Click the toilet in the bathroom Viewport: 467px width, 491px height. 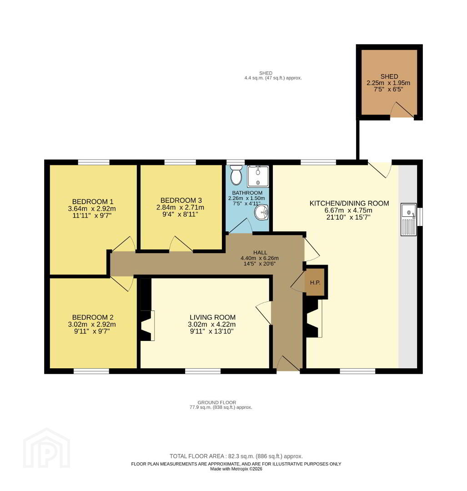pos(236,175)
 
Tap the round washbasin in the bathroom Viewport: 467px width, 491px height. pos(261,213)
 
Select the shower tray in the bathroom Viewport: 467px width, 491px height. pos(258,176)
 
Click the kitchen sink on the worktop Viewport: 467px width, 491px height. pos(409,219)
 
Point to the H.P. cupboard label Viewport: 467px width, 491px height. pos(315,283)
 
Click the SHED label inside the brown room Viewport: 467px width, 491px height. pos(389,76)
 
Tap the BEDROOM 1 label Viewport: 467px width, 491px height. pos(93,202)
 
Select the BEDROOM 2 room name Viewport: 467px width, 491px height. pos(93,317)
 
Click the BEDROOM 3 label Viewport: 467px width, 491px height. pos(181,200)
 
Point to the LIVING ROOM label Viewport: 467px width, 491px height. pos(213,317)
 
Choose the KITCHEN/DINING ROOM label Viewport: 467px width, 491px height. pos(349,203)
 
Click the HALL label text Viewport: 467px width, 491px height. pos(260,252)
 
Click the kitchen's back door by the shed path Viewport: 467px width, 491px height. pos(380,170)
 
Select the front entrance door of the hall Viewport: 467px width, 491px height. pos(288,364)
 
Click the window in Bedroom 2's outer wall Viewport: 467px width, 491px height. pos(91,371)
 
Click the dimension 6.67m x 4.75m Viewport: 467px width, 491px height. pos(349,210)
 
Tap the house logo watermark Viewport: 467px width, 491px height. pos(46,448)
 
